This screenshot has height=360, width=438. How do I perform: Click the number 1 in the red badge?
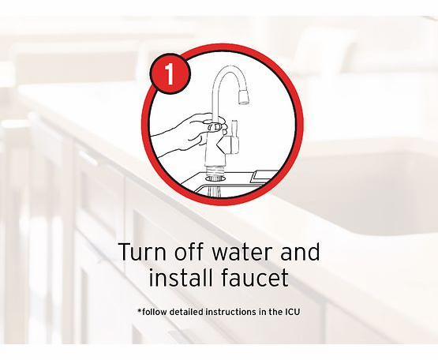(170, 74)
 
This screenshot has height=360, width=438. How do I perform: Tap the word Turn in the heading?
(143, 252)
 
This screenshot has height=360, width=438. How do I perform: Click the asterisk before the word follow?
(140, 310)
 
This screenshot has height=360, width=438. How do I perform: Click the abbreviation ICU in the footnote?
(292, 312)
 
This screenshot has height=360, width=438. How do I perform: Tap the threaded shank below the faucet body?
(215, 170)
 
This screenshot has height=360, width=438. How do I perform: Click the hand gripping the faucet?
(188, 132)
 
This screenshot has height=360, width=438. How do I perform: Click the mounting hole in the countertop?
(215, 178)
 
